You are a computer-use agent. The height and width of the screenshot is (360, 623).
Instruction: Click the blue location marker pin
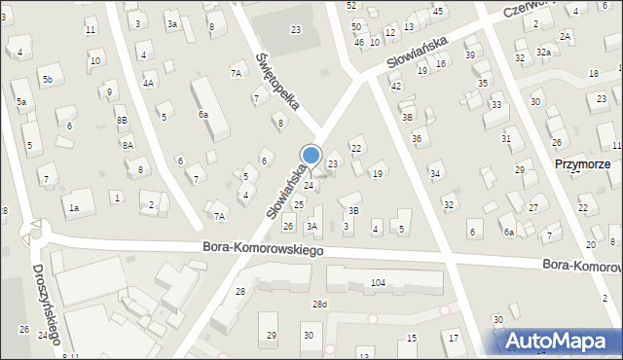point(311,157)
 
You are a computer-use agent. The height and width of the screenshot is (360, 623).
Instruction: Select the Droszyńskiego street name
point(48,304)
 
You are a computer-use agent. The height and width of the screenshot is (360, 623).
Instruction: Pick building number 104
point(378,283)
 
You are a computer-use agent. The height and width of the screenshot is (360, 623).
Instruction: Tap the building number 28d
point(319,305)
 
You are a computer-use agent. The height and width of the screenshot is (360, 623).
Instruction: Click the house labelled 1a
point(73,207)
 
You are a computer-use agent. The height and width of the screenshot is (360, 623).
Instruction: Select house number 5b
point(46,78)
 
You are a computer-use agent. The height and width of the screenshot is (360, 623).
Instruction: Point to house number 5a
point(20,100)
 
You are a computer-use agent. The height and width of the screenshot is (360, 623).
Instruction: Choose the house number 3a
point(172,23)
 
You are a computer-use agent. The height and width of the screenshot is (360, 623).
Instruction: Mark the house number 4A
point(148,83)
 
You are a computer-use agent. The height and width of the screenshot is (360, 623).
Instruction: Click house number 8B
point(122,120)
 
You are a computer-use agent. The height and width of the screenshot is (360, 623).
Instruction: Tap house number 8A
point(128,145)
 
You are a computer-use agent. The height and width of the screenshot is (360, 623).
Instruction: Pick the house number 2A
point(565,36)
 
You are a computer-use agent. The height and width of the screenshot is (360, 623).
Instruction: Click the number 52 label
point(351,5)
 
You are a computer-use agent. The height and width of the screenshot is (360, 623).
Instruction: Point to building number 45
point(438,11)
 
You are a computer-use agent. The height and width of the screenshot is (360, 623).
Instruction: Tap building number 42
point(396,87)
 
